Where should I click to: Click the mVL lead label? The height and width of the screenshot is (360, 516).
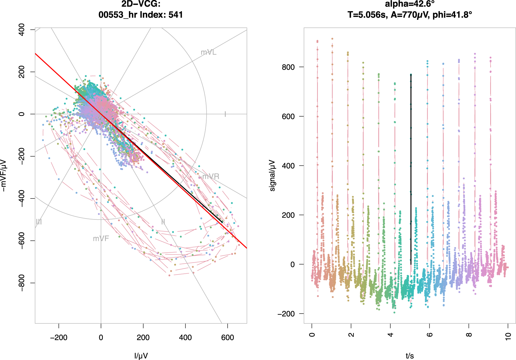[208, 52]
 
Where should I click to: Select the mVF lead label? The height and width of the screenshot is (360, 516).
[101, 239]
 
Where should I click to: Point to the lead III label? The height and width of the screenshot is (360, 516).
[39, 222]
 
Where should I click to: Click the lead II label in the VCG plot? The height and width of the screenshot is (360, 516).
[163, 222]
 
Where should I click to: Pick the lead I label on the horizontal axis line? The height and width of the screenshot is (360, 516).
[225, 114]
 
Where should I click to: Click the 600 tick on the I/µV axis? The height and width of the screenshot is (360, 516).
[227, 338]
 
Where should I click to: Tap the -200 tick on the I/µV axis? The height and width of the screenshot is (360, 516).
[58, 338]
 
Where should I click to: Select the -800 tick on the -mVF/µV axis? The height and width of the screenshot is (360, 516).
[22, 283]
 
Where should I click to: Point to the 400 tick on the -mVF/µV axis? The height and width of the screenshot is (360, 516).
[22, 30]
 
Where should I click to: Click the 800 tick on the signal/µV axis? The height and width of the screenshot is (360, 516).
[288, 67]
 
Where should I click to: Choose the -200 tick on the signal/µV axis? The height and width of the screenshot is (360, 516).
[286, 314]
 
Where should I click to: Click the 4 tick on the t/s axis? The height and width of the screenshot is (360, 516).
[390, 335]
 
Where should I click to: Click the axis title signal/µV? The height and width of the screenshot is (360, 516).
[272, 175]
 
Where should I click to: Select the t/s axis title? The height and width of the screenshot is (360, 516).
[410, 356]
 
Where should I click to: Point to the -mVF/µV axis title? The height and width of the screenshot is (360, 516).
[4, 175]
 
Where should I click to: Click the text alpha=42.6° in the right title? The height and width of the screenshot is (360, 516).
[410, 4]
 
